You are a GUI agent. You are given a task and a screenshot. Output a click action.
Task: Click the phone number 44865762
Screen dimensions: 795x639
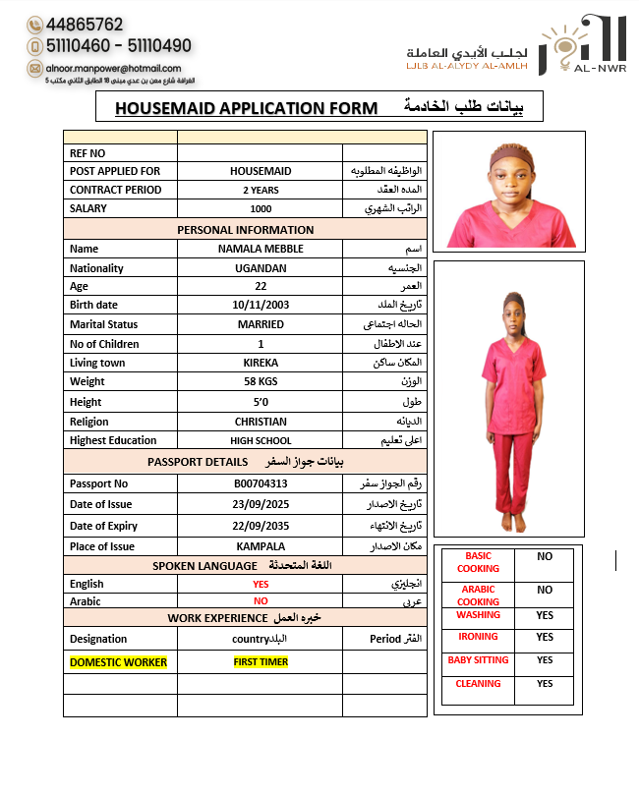coord(84,25)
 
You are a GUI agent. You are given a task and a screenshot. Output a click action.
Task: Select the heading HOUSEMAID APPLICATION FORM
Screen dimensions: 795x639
coord(246,107)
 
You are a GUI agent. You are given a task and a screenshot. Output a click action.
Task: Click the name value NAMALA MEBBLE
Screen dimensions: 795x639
coord(261,249)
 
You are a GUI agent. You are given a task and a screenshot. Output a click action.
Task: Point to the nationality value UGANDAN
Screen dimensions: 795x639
coord(261,268)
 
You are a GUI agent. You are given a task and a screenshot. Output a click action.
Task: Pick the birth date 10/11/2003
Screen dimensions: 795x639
coord(261,305)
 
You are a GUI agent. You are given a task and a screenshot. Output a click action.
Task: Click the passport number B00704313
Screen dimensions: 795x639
coord(261,483)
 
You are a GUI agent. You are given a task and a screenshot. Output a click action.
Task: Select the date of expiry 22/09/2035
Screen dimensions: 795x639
coord(261,526)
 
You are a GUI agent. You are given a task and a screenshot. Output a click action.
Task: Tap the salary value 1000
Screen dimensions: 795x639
coord(261,208)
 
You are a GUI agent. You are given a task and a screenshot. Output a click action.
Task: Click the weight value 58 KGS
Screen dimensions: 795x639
coord(261,381)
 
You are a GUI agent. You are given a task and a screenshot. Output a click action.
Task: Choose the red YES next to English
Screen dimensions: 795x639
coord(261,584)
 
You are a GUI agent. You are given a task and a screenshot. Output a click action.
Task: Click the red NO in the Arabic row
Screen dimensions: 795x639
coord(261,600)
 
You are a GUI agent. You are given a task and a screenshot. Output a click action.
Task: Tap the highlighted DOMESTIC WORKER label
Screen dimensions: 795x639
coord(118,662)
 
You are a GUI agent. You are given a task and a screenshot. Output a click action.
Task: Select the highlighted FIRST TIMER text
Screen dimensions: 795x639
coord(261,662)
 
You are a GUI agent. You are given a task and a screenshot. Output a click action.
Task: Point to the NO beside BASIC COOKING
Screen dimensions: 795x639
coord(545,556)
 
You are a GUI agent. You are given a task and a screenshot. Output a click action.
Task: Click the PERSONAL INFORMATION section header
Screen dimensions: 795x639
coord(246,230)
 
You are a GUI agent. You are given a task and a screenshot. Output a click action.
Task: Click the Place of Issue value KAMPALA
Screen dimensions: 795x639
coord(261,546)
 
